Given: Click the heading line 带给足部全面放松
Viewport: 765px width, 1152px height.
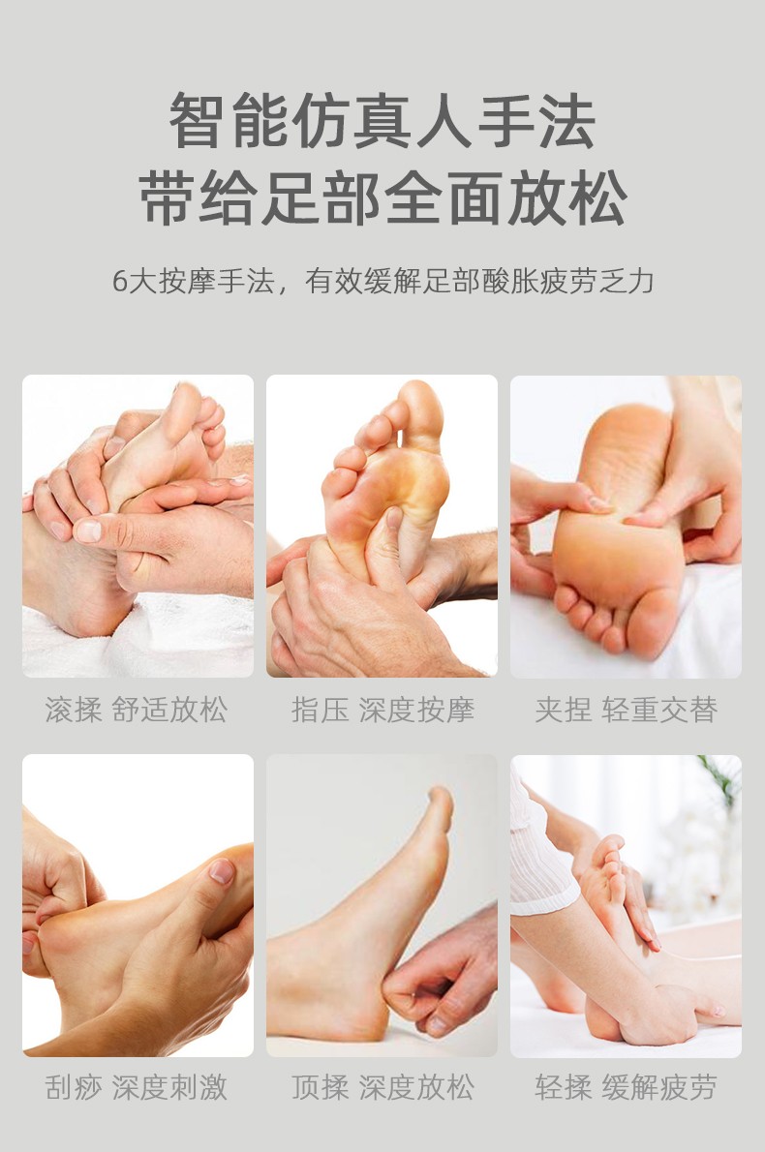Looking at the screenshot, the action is coord(382,197).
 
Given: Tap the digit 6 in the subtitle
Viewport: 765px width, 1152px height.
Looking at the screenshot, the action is coord(120,282).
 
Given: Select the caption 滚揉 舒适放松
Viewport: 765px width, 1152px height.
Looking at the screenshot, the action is coord(137,710).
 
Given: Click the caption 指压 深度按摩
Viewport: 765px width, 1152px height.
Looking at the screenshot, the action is coord(382,710).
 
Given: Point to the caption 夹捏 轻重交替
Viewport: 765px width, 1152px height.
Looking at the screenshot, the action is coord(627,710).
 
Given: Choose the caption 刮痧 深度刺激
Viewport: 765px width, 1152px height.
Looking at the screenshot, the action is coord(137,1087).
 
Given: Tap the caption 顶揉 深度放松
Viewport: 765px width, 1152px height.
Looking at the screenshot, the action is coord(382,1087).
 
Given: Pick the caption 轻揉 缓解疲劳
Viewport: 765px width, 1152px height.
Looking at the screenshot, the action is coord(627,1087).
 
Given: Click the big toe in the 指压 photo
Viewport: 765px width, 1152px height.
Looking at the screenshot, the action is coord(421,407).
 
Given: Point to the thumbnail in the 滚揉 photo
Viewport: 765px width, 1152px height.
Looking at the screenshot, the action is coord(87,530).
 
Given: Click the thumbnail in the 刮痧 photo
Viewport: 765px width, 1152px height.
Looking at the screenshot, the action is coord(221,871).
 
